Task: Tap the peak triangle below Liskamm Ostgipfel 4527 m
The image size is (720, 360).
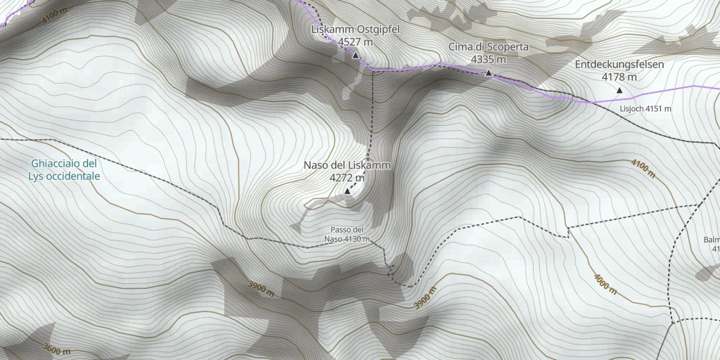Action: pos(355,56)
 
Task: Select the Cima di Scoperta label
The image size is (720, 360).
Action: pos(489,47)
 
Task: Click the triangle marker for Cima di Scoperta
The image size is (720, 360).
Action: pos(488,73)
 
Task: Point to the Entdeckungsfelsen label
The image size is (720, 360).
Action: pos(619,64)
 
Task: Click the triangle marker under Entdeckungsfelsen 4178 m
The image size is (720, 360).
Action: pos(619,90)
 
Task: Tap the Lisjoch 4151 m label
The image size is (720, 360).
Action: pos(645,109)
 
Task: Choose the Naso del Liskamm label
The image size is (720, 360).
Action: pos(347,165)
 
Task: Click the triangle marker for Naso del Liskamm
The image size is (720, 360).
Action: pos(347,191)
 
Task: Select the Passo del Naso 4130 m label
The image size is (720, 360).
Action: pos(347,235)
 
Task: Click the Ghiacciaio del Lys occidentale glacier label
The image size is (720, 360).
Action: pos(65,169)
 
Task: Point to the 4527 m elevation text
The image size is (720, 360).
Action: pos(355,42)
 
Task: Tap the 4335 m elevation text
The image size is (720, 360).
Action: pos(489,60)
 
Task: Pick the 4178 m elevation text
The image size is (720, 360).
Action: pos(619,77)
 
